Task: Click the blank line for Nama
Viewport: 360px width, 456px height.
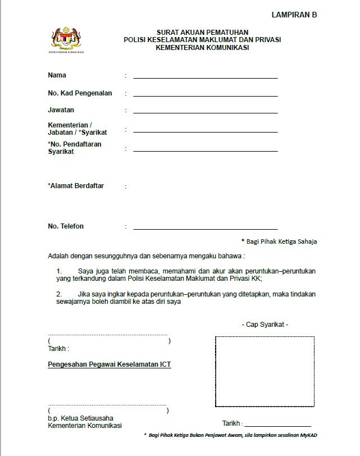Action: [205, 77]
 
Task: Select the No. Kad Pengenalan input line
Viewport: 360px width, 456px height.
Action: [205, 95]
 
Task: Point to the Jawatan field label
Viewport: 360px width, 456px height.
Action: [61, 110]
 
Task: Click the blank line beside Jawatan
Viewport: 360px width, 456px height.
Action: [205, 113]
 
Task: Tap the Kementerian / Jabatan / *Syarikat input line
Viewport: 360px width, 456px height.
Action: [205, 131]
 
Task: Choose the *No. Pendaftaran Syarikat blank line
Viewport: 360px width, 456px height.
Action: [205, 151]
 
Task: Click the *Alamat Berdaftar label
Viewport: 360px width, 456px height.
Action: [76, 185]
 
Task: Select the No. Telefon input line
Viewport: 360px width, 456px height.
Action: [205, 229]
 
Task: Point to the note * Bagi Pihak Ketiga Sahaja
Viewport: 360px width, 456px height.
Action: [279, 241]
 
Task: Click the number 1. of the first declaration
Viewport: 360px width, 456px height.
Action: [59, 271]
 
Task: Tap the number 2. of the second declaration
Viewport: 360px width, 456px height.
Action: [59, 294]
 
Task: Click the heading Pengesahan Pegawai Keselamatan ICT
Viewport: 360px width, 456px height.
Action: [110, 364]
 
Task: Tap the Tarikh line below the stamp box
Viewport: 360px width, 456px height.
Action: [277, 426]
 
